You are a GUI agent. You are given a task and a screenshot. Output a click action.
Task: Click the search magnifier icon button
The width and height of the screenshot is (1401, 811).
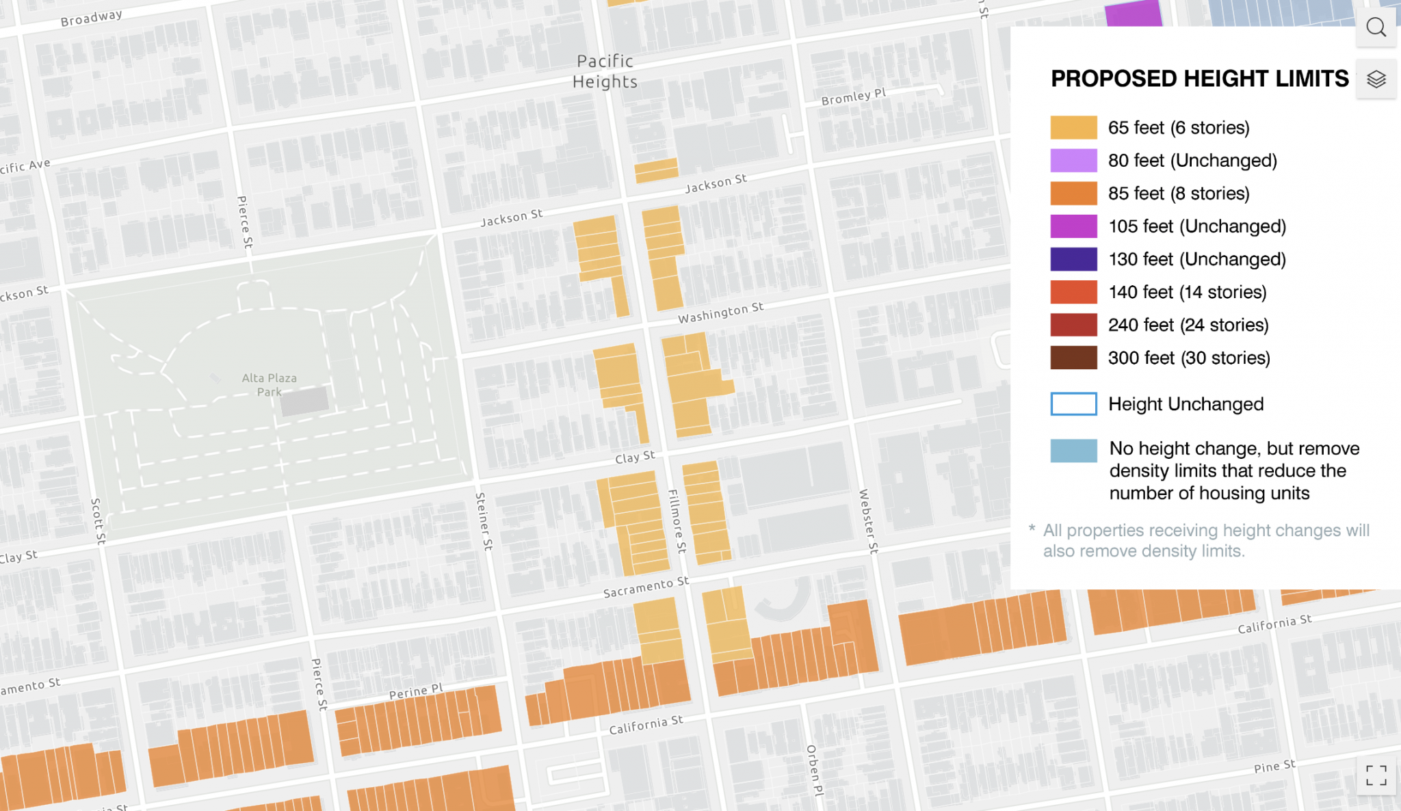[x=1376, y=27]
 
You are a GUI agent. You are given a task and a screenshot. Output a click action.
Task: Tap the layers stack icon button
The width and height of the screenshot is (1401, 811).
[x=1376, y=79]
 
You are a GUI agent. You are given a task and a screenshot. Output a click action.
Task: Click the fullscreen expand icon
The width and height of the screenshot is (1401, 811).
[x=1376, y=775]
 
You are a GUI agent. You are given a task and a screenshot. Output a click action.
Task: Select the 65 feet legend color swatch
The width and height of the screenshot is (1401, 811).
[x=1073, y=128]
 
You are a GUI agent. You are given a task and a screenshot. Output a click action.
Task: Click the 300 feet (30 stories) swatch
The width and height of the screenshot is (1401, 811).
[x=1073, y=358]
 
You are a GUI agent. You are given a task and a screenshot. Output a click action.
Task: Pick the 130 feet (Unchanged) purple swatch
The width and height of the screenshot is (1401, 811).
[x=1073, y=259]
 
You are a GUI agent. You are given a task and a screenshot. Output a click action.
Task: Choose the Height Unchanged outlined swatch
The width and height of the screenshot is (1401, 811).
[x=1073, y=404]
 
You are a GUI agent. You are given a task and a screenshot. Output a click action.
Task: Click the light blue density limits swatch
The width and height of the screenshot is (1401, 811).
[x=1073, y=451]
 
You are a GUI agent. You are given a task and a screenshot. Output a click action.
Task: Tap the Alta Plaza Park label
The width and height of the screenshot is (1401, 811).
[x=269, y=384]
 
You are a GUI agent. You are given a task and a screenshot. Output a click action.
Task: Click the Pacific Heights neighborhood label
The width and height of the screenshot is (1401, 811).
[x=605, y=71]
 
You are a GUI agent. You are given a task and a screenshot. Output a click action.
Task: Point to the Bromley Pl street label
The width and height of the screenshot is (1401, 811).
[x=853, y=96]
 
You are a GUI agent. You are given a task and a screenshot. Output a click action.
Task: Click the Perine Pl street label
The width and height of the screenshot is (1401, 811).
[x=416, y=692]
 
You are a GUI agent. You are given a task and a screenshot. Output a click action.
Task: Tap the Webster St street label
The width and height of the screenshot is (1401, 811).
[x=868, y=521]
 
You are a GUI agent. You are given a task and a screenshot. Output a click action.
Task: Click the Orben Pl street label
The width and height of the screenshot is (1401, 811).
[x=814, y=770]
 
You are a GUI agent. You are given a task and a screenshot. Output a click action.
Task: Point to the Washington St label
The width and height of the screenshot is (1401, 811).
[x=720, y=313]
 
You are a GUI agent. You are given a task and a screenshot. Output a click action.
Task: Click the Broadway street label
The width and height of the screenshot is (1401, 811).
[x=91, y=18]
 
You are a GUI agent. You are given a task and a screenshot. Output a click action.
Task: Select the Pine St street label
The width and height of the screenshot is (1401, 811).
[x=1274, y=767]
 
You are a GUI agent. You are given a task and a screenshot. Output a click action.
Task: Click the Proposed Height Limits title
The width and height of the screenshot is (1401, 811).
[x=1199, y=79]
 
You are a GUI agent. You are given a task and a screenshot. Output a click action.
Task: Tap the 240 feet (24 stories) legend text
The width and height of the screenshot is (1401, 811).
[x=1188, y=325]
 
